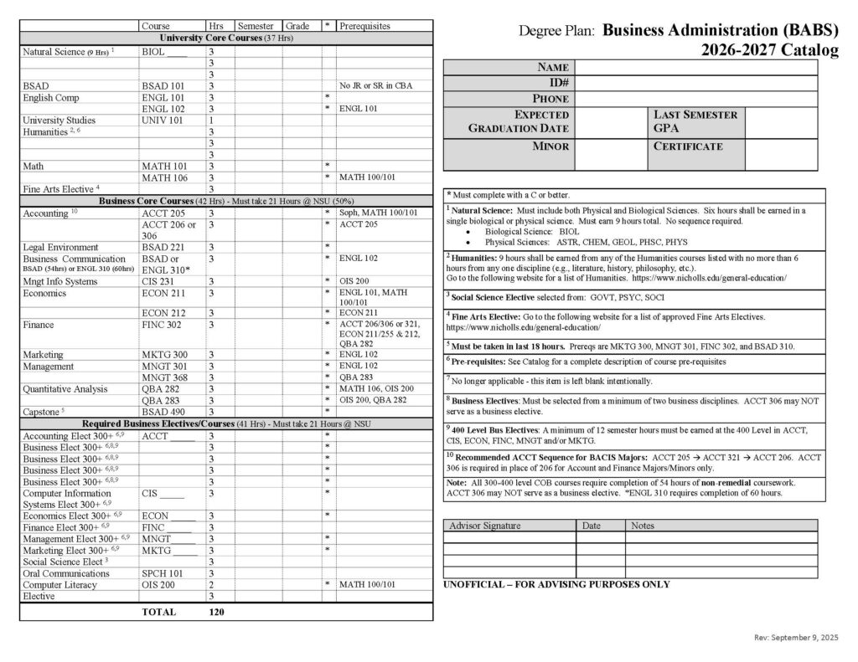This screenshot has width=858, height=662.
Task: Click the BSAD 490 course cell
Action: point(159,412)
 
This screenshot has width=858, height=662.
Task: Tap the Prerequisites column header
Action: point(364,27)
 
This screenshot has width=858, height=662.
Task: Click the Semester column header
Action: point(256,27)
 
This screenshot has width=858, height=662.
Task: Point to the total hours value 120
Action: point(216,612)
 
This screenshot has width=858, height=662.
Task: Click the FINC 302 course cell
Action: point(159,324)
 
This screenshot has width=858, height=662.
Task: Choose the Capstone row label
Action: point(42,412)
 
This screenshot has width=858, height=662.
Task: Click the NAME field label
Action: point(553,68)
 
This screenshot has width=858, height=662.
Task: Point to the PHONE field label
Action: point(550,99)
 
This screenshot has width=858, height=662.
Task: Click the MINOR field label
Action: point(550,146)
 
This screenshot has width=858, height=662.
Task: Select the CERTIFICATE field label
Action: point(687,146)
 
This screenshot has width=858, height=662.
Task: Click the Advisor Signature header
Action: point(485,526)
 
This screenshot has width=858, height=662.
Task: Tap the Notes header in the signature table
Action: point(643,526)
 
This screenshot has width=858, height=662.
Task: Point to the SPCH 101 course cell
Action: point(161,573)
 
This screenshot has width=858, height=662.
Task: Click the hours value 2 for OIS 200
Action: point(211,585)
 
